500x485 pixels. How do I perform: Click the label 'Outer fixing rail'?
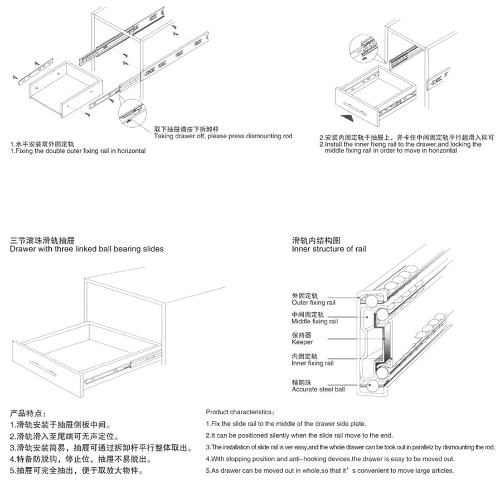pyautogui.click(x=314, y=303)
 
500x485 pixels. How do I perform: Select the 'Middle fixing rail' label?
pyautogui.click(x=314, y=322)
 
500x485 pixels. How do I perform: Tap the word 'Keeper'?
pyautogui.click(x=302, y=342)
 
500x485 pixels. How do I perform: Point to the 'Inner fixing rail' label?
pyautogui.click(x=312, y=363)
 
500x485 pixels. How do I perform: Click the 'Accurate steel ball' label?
pyautogui.click(x=318, y=389)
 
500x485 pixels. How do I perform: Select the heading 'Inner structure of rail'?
pyautogui.click(x=329, y=249)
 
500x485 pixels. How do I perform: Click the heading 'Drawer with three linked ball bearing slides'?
pyautogui.click(x=87, y=249)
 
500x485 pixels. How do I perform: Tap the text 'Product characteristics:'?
pyautogui.click(x=240, y=412)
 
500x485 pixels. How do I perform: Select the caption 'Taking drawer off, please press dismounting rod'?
pyautogui.click(x=223, y=136)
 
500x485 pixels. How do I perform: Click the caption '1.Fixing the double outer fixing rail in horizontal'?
pyautogui.click(x=78, y=151)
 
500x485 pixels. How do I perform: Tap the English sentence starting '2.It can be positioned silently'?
pyautogui.click(x=299, y=435)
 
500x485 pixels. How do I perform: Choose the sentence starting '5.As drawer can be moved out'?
pyautogui.click(x=329, y=471)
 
